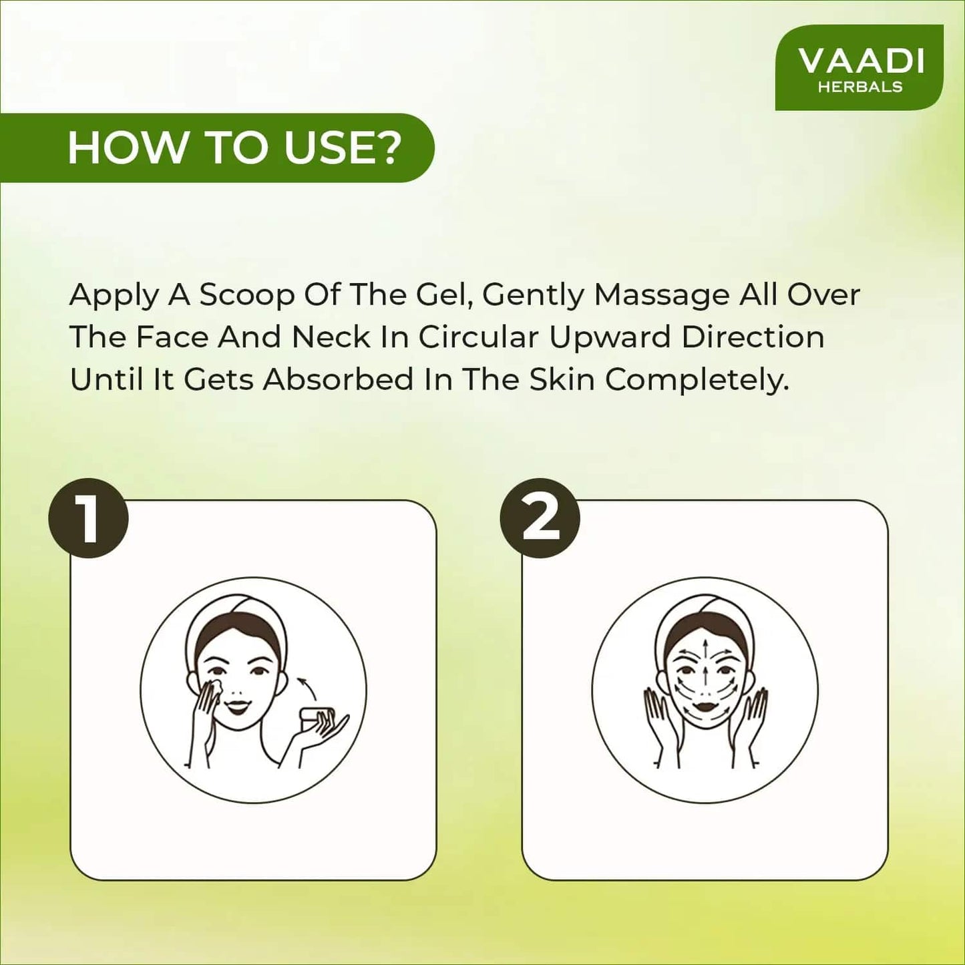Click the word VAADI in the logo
pyautogui.click(x=861, y=61)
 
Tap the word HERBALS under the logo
pyautogui.click(x=860, y=87)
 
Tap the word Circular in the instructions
pyautogui.click(x=479, y=337)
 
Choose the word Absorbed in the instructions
pyautogui.click(x=339, y=380)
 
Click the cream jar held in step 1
pyautogui.click(x=317, y=718)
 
